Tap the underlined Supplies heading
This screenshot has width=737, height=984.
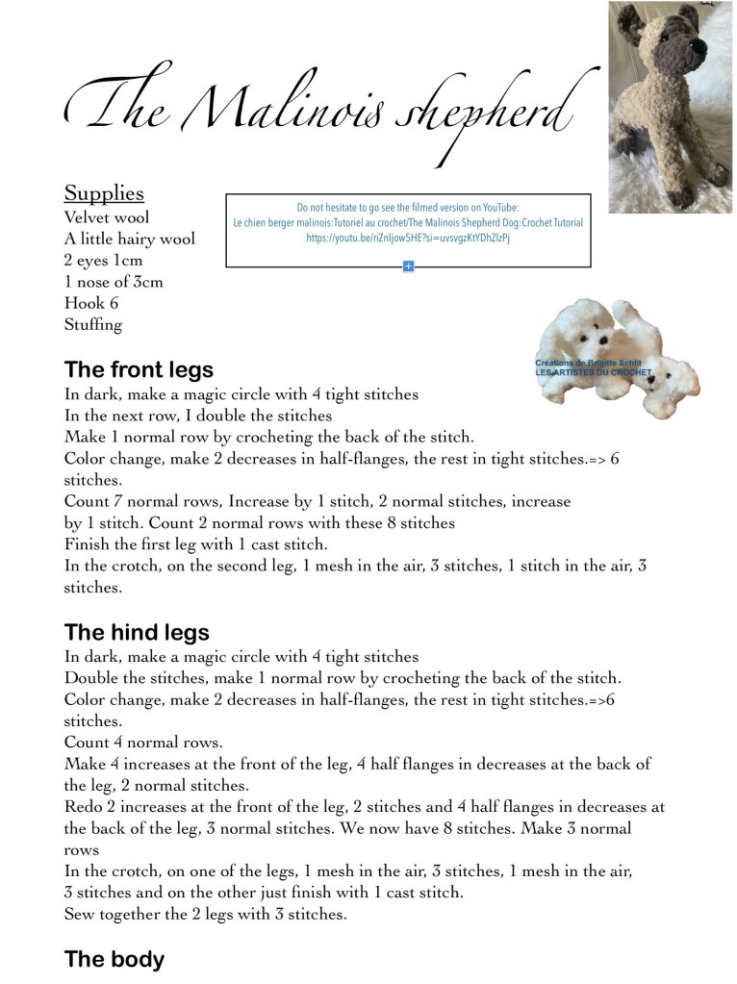pyautogui.click(x=104, y=192)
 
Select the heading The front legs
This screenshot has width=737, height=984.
pyautogui.click(x=139, y=369)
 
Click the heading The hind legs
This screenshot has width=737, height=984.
pyautogui.click(x=137, y=632)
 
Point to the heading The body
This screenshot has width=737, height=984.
pyautogui.click(x=114, y=959)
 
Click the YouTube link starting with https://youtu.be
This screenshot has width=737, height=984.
pyautogui.click(x=407, y=237)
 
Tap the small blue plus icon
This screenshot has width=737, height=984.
pyautogui.click(x=408, y=265)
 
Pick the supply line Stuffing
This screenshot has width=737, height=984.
pyautogui.click(x=93, y=324)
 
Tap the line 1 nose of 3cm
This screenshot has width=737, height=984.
pyautogui.click(x=114, y=281)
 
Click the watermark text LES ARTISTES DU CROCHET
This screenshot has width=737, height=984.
pyautogui.click(x=593, y=372)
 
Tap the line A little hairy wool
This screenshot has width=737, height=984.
pyautogui.click(x=129, y=239)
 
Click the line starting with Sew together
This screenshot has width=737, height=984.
pyautogui.click(x=205, y=914)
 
